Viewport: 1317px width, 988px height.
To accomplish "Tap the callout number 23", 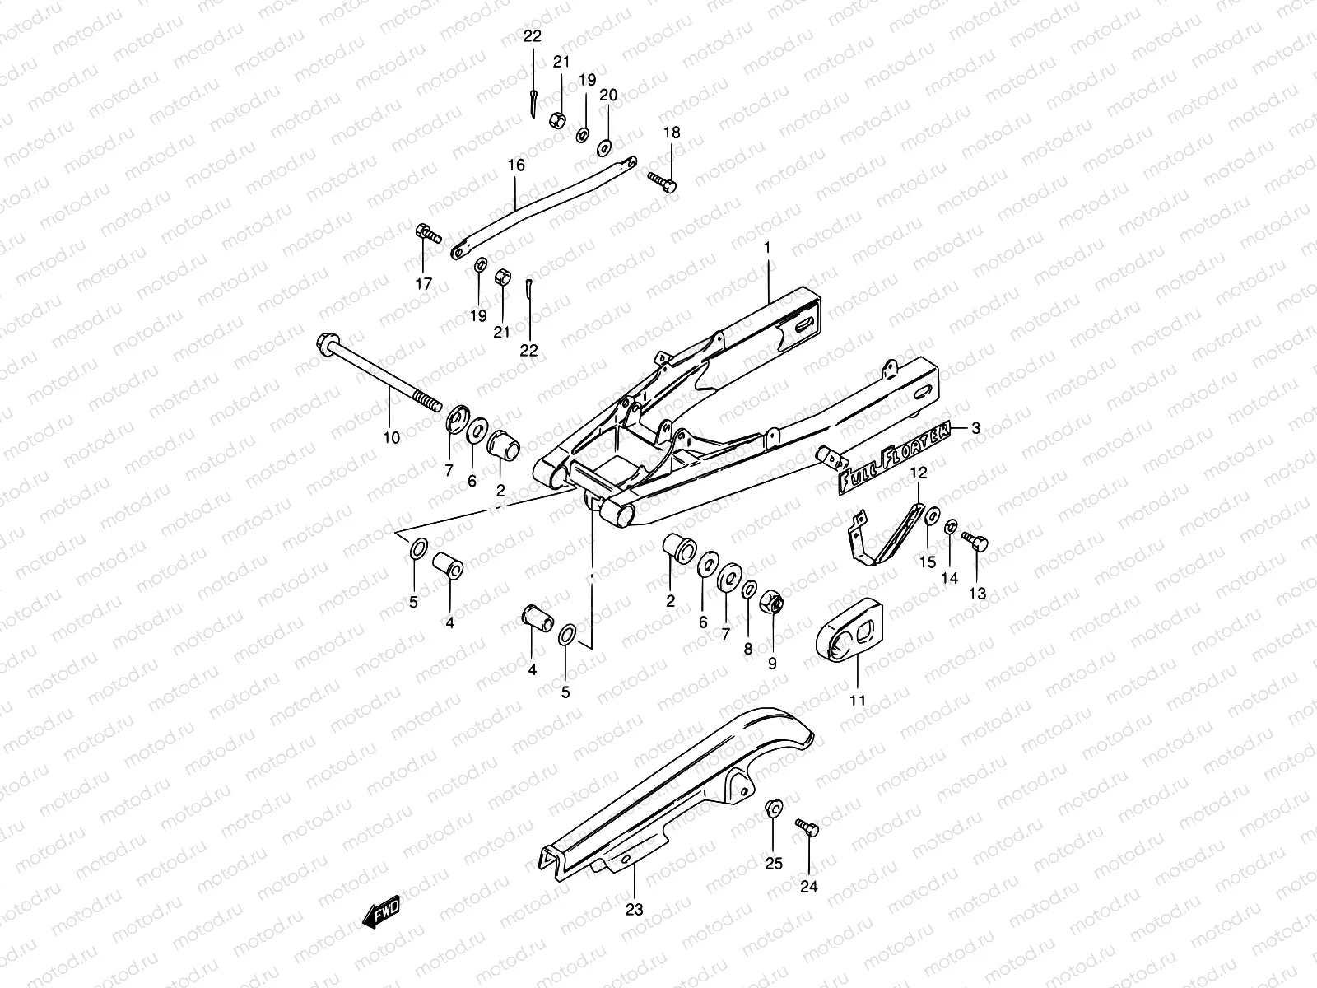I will point(634,910).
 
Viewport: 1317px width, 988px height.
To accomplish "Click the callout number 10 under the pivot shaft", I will point(391,437).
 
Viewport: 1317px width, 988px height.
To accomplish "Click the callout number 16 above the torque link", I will point(515,165).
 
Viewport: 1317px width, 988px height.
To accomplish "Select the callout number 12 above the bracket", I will point(919,473).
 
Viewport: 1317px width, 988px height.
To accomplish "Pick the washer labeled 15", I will point(930,516).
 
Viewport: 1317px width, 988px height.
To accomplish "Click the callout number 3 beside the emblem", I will point(976,427).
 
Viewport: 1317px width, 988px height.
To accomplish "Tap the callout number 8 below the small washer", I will point(747,649).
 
